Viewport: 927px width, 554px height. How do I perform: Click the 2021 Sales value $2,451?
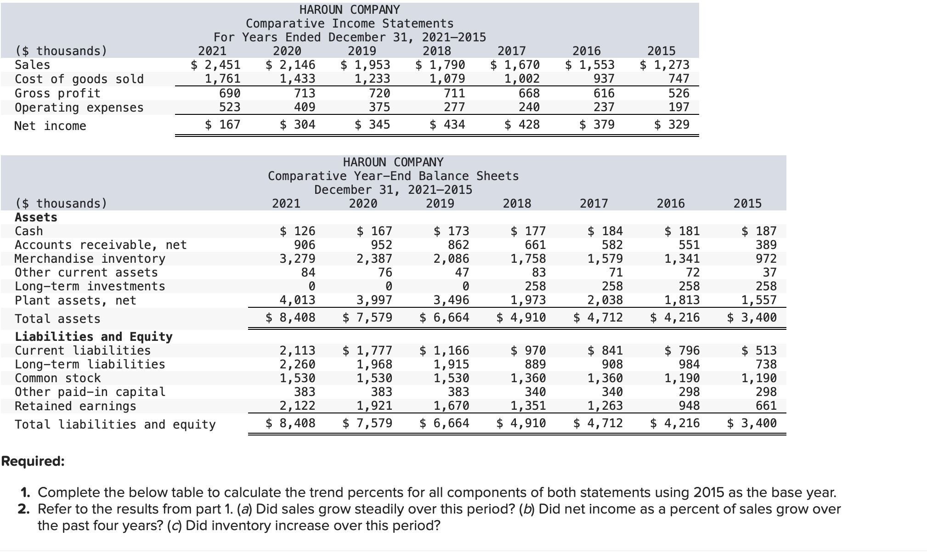click(216, 65)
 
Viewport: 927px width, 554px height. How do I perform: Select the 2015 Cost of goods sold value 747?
click(679, 79)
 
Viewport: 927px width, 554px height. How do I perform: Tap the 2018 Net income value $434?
click(447, 124)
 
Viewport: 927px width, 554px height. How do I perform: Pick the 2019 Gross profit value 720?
click(379, 93)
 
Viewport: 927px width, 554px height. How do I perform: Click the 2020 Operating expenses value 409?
click(305, 107)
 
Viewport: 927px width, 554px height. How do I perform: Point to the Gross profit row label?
click(57, 93)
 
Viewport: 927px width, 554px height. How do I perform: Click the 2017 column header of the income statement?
click(512, 51)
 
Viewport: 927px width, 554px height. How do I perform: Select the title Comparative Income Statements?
click(350, 23)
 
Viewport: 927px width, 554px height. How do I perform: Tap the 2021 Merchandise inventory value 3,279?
click(298, 259)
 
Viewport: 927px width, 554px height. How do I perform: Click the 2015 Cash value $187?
click(759, 231)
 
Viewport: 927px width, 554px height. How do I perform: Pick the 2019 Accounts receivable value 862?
click(458, 245)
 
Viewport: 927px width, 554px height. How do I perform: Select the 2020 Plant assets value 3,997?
click(374, 300)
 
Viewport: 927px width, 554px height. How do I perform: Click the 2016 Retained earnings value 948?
click(689, 406)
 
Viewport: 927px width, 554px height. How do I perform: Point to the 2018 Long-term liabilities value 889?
click(535, 364)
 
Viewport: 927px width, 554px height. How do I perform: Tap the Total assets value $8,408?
click(291, 317)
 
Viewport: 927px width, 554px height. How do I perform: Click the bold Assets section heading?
click(36, 217)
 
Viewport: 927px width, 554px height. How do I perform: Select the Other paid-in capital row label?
click(90, 392)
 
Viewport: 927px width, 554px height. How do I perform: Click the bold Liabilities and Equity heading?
click(94, 337)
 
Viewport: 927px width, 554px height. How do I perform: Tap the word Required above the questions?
click(33, 461)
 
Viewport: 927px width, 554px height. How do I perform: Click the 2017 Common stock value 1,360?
click(605, 378)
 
